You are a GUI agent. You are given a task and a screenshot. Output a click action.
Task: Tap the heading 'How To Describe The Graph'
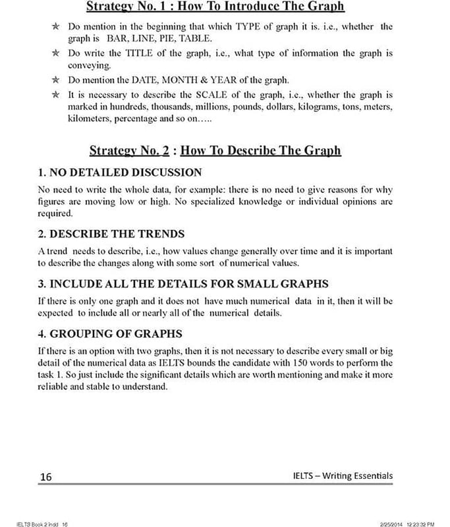click(x=260, y=150)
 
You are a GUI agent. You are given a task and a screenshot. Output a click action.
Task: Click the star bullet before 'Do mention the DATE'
click(x=55, y=80)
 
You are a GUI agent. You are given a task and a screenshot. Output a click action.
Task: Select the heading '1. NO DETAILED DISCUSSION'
click(x=120, y=173)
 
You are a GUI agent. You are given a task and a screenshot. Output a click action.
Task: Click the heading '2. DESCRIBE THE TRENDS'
click(x=111, y=234)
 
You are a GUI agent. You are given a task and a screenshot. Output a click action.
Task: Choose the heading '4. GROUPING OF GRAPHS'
click(x=110, y=333)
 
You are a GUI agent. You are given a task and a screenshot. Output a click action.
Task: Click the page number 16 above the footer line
click(x=45, y=476)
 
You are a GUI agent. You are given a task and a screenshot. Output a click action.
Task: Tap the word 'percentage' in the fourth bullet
click(x=131, y=119)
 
